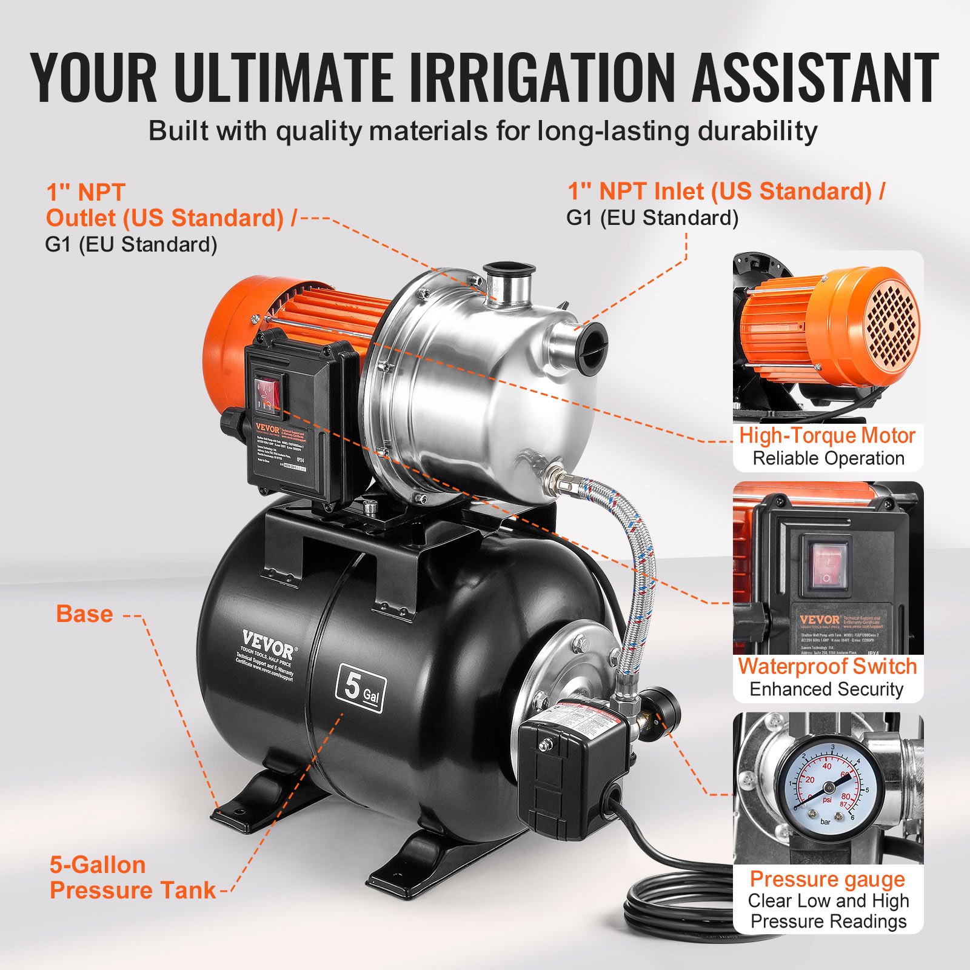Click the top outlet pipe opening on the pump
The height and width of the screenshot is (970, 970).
pos(508,270)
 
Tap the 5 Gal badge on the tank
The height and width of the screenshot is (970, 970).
pos(360,688)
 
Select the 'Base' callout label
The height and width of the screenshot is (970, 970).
pos(84,614)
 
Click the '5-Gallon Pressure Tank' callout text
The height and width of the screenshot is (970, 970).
pos(132,878)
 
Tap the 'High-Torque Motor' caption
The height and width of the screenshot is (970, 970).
pos(827,436)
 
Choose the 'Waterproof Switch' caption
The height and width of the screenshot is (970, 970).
pos(827,666)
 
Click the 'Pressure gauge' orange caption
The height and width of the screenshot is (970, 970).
pos(827,878)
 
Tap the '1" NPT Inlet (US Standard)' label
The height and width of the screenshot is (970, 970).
pos(725,192)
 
